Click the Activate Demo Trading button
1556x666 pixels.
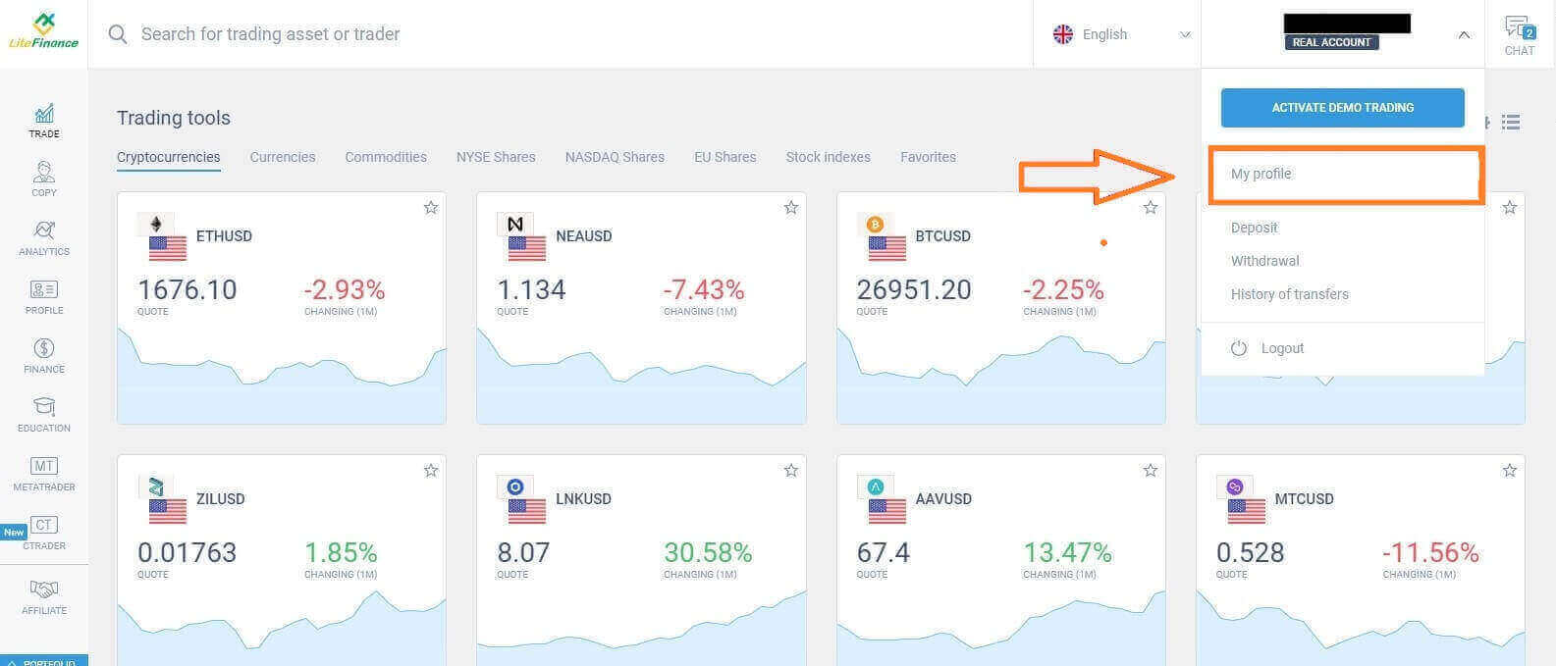click(x=1342, y=108)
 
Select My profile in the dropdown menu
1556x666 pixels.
click(x=1261, y=174)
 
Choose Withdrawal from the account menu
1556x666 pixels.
click(x=1264, y=261)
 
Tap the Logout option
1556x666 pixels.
click(x=1281, y=348)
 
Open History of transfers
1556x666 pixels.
click(x=1289, y=294)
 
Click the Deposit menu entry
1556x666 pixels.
click(x=1254, y=228)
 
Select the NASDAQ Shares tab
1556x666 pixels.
click(x=615, y=157)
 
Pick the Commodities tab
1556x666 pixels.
click(x=386, y=157)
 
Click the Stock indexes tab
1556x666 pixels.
click(x=828, y=157)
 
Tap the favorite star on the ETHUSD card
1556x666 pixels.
click(x=431, y=207)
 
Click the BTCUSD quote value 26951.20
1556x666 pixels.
click(x=914, y=290)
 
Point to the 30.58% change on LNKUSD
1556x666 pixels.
click(x=708, y=553)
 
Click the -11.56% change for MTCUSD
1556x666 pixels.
click(x=1429, y=553)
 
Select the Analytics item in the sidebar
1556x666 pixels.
click(x=44, y=237)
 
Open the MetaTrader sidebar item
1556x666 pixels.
click(x=44, y=473)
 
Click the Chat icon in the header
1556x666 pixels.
click(x=1519, y=34)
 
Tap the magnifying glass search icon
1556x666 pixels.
click(x=118, y=34)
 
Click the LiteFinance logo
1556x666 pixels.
click(x=43, y=32)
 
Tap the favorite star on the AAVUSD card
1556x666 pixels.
click(x=1151, y=471)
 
